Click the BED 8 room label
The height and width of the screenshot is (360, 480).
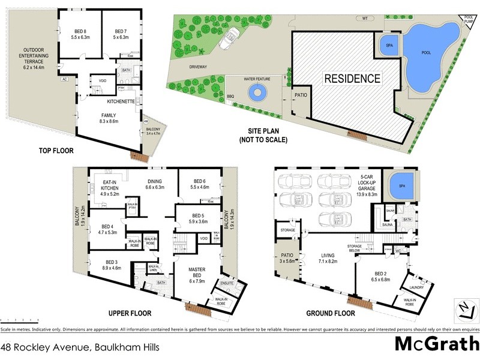tap(79, 34)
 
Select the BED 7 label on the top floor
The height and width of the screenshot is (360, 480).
tap(121, 34)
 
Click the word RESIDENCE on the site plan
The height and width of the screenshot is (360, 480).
tap(352, 78)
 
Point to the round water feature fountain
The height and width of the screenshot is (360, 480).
tap(258, 92)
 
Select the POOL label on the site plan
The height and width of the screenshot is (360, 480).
tap(426, 53)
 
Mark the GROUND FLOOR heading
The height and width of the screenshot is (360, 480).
tap(332, 313)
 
